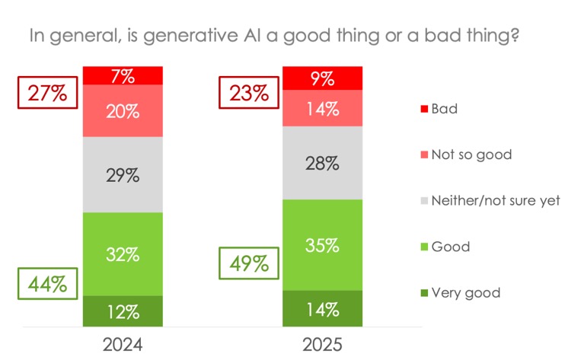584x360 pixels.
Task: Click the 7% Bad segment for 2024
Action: coord(122,75)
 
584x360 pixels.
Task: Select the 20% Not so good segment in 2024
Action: coord(122,111)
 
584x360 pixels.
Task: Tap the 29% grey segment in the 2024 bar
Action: coord(122,175)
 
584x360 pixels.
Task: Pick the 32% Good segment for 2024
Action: coord(122,254)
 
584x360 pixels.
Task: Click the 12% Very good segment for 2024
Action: coord(122,311)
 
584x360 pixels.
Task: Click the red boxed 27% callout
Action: coord(47,94)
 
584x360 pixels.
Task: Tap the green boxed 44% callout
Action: coord(47,285)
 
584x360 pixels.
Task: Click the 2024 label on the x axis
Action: coord(122,344)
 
